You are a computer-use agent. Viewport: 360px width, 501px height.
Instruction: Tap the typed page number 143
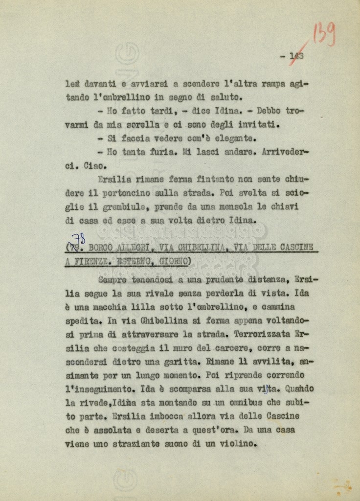tap(296, 56)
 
